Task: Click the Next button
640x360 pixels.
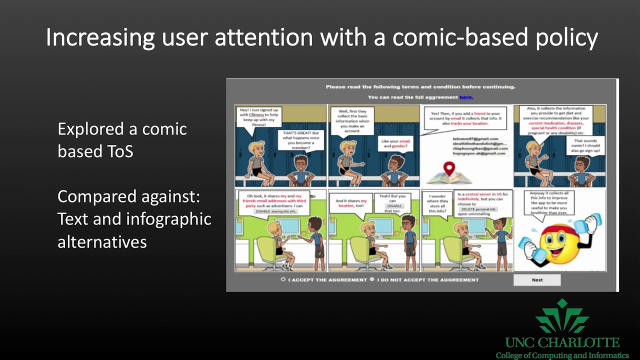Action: point(537,280)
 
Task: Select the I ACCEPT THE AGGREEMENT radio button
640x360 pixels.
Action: point(283,279)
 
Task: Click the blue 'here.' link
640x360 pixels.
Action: point(466,97)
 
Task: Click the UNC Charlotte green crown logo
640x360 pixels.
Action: point(562,317)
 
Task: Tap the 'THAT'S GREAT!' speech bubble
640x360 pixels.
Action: point(300,140)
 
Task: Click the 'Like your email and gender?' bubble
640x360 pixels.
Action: point(395,144)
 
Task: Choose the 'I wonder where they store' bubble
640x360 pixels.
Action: point(437,202)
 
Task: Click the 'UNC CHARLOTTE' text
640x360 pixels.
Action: point(562,343)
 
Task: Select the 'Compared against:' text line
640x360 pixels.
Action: point(128,196)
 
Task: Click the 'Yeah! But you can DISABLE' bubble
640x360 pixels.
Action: point(394,203)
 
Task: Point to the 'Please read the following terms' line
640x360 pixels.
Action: point(420,87)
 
